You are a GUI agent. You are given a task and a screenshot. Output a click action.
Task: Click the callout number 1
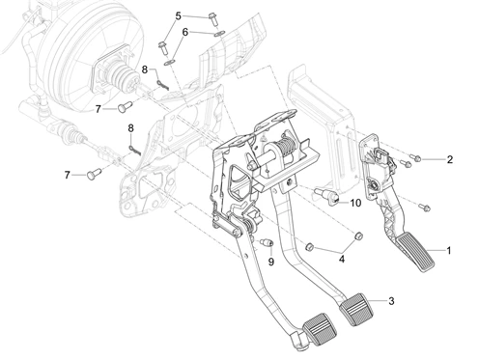click(448, 250)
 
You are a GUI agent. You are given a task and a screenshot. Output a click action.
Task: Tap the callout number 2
click(450, 159)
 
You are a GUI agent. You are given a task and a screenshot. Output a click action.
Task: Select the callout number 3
click(391, 301)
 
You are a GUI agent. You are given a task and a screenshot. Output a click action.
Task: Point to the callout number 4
click(342, 259)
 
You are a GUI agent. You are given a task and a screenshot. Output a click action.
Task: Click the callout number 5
click(179, 15)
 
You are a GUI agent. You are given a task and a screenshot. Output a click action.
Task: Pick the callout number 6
click(184, 32)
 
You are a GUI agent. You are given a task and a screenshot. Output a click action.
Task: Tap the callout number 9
click(271, 262)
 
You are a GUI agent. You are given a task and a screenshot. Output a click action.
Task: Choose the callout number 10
click(355, 203)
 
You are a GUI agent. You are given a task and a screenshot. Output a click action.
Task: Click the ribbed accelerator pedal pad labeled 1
click(415, 253)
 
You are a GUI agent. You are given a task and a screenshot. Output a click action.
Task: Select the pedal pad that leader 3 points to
click(356, 310)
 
